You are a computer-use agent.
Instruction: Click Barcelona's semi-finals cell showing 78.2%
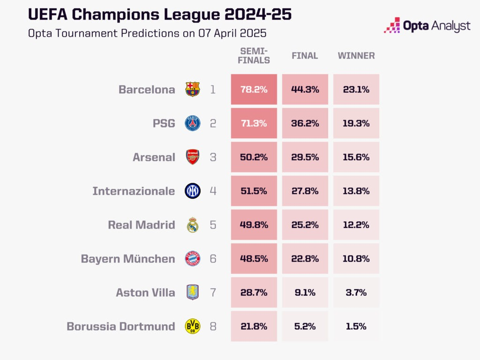tap(254, 90)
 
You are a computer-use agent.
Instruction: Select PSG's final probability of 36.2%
tap(305, 123)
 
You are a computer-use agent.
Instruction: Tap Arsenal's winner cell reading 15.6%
tap(356, 157)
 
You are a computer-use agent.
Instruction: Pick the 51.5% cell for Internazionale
tap(254, 191)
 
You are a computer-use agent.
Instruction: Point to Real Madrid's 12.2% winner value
tap(356, 225)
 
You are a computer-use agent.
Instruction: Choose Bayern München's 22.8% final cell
tap(305, 258)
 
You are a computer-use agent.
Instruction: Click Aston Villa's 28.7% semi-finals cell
tap(254, 292)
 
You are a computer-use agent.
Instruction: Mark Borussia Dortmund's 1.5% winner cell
tap(356, 326)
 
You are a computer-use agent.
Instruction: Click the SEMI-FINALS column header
tap(254, 56)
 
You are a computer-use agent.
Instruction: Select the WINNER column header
tap(356, 56)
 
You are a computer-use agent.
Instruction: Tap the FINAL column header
tap(305, 56)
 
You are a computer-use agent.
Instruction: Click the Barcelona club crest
tap(193, 90)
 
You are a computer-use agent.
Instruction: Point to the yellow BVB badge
tap(193, 326)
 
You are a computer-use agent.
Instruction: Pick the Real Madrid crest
tap(193, 225)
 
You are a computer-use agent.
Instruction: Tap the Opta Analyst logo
tap(427, 25)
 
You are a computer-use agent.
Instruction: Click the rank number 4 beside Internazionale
tap(213, 191)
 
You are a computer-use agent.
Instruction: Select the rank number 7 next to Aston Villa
tap(213, 292)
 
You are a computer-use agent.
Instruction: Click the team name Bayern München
tap(128, 259)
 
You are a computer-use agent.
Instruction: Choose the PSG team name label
tap(164, 123)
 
